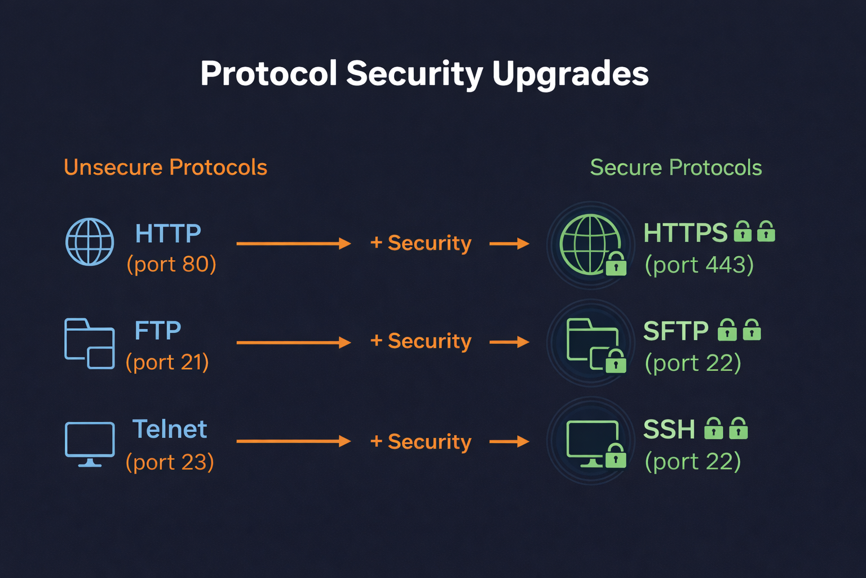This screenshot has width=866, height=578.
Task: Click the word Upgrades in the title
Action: pyautogui.click(x=570, y=74)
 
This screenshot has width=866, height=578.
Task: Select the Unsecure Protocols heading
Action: pyautogui.click(x=165, y=168)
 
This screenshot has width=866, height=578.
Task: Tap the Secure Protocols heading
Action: pyautogui.click(x=675, y=168)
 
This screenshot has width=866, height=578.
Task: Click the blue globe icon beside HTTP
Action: pyautogui.click(x=90, y=242)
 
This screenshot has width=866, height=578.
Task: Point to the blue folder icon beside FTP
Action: pyautogui.click(x=89, y=343)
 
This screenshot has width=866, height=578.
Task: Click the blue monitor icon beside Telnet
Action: pyautogui.click(x=90, y=443)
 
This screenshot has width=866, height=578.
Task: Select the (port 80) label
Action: pyautogui.click(x=171, y=264)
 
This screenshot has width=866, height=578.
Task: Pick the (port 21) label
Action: pyautogui.click(x=167, y=362)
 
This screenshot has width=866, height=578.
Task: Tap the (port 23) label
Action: pyautogui.click(x=170, y=462)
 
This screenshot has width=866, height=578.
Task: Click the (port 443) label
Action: pyautogui.click(x=699, y=265)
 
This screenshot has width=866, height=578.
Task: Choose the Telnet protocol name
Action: pyautogui.click(x=170, y=430)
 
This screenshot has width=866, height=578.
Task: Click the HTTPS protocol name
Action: pyautogui.click(x=685, y=233)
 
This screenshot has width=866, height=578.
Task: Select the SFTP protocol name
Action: pyautogui.click(x=675, y=331)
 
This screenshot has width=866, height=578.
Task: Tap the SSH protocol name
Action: pyautogui.click(x=669, y=430)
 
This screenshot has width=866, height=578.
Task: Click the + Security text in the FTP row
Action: pyautogui.click(x=421, y=341)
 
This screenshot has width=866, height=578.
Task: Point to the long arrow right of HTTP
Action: pyautogui.click(x=293, y=243)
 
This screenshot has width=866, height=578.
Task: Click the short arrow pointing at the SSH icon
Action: pyautogui.click(x=509, y=441)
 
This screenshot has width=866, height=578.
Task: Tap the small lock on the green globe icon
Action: pyautogui.click(x=616, y=264)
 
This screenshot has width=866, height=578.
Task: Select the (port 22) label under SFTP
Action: pyautogui.click(x=692, y=363)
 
